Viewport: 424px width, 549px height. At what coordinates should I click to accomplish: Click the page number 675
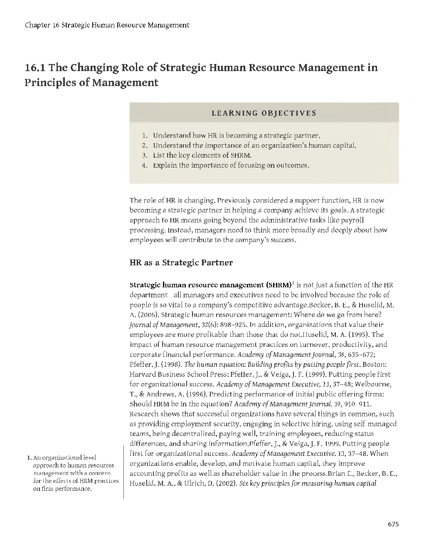pyautogui.click(x=393, y=524)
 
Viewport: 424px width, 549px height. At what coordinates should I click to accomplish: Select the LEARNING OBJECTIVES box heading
pyautogui.click(x=264, y=113)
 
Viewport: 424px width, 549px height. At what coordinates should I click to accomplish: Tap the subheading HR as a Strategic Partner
pyautogui.click(x=181, y=263)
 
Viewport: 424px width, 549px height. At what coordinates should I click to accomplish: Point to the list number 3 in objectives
pyautogui.click(x=145, y=156)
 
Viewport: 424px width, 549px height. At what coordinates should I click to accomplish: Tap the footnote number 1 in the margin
pyautogui.click(x=29, y=458)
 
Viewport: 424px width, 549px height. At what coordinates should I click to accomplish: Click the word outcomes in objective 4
pyautogui.click(x=293, y=166)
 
